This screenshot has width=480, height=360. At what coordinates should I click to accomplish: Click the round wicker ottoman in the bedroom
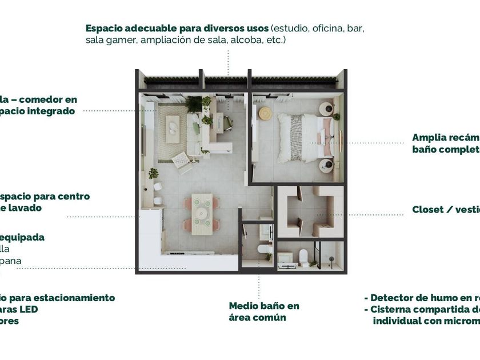[x=265, y=113]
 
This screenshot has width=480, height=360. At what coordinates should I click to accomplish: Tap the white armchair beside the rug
[x=182, y=162]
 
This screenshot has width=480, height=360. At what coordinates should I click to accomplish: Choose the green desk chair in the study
[x=227, y=122]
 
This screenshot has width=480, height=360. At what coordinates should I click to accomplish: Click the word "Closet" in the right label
[x=428, y=210]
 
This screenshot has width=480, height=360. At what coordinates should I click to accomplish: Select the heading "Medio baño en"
[x=263, y=306]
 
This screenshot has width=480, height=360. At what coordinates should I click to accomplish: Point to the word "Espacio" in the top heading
[x=106, y=27]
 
